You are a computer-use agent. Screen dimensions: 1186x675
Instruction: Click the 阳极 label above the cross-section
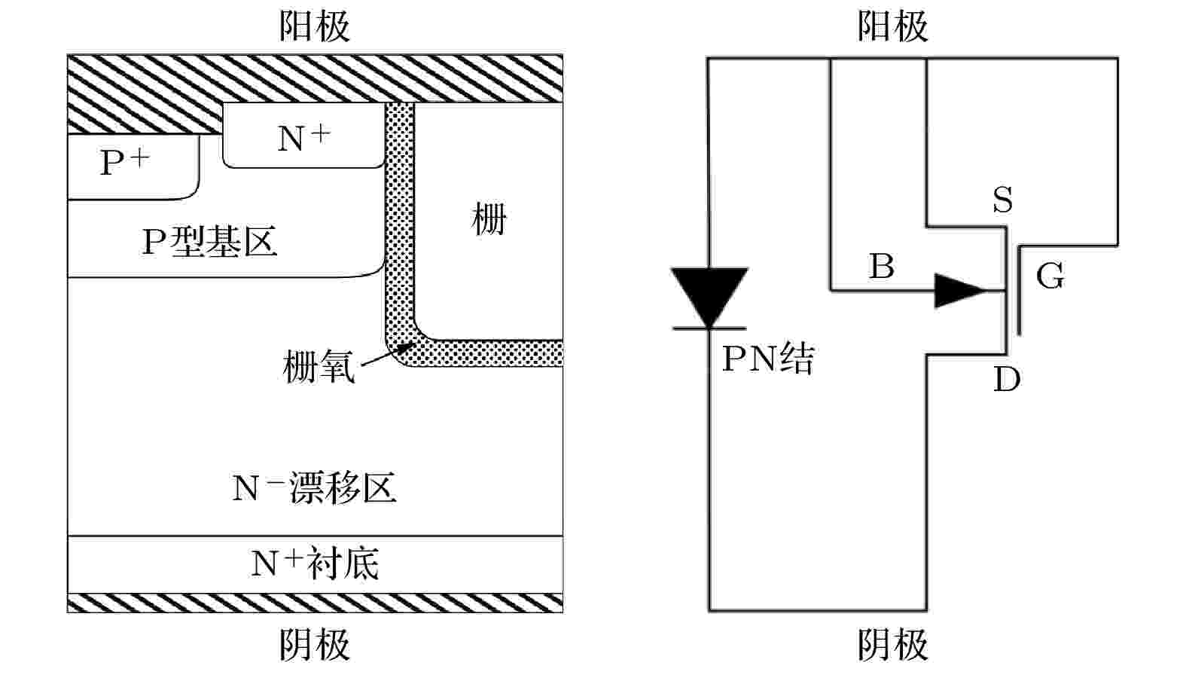point(315,26)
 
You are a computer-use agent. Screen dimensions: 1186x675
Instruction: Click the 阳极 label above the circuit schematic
point(892,26)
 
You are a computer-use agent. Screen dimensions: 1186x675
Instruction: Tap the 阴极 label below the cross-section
point(315,645)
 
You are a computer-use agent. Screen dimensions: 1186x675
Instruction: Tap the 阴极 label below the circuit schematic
point(892,645)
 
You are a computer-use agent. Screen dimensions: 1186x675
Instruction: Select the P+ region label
point(125,161)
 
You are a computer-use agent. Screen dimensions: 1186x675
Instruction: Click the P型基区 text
point(209,242)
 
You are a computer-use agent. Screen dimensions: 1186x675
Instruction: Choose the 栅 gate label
point(489,218)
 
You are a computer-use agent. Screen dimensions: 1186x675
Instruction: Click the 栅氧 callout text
point(319,366)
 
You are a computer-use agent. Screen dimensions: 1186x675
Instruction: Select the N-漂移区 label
point(315,487)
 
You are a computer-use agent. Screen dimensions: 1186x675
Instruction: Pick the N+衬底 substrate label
point(315,564)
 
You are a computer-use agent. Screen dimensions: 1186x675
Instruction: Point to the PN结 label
point(768,359)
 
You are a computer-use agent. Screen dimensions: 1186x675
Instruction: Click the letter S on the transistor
point(1003,200)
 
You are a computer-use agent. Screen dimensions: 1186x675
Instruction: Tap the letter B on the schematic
point(882,266)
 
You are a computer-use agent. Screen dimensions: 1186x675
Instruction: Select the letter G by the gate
point(1050,276)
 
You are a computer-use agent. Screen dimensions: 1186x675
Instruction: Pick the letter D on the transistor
point(1007,379)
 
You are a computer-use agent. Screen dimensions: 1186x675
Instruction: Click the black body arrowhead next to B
point(959,290)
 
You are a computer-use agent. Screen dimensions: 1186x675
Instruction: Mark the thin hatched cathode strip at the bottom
point(315,603)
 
